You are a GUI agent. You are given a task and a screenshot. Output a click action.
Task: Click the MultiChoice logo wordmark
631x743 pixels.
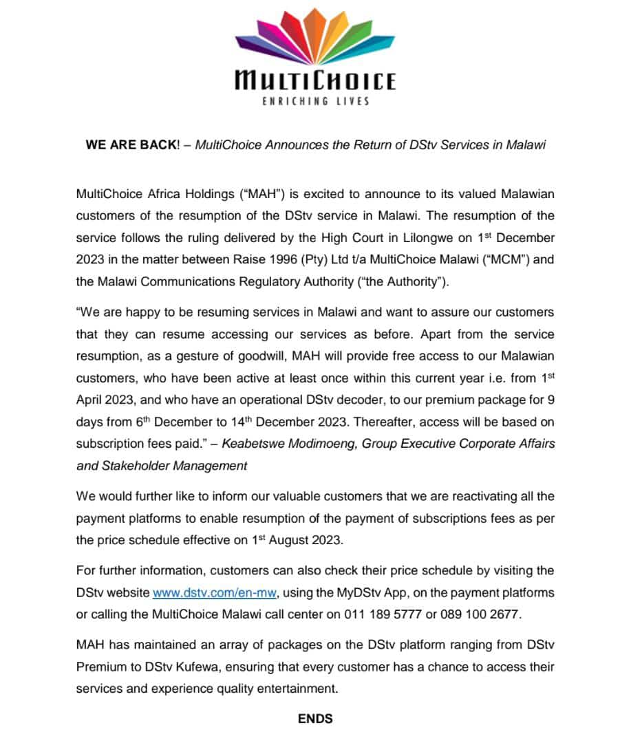(x=315, y=80)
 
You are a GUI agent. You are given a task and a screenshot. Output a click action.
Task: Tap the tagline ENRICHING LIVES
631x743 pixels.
(x=315, y=101)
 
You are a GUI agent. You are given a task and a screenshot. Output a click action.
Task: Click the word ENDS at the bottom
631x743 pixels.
(x=315, y=718)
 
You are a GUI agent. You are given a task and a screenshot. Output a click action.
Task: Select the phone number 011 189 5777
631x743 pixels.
(x=383, y=614)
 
